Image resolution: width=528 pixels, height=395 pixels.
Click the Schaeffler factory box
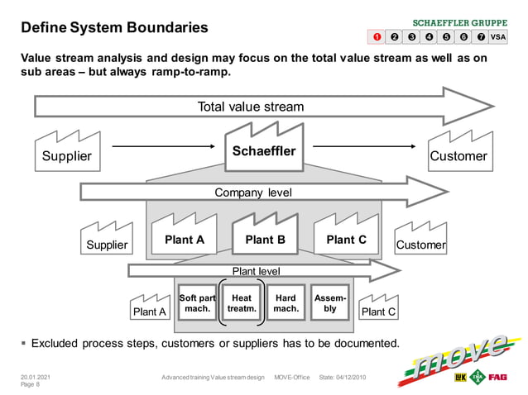pos(263,150)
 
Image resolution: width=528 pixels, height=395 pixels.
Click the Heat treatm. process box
pos(242,303)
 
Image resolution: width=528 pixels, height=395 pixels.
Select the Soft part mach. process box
pos(197,303)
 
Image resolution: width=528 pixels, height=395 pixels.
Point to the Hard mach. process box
pos(286,303)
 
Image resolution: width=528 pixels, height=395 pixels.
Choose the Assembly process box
pos(330,303)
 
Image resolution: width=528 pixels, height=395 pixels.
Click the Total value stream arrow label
pos(250,107)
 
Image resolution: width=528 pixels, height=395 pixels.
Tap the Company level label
pos(253,193)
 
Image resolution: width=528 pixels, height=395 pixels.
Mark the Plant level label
pos(256,271)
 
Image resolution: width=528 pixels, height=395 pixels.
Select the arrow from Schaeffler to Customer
pos(364,146)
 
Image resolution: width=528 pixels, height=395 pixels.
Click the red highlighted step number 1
pos(377,36)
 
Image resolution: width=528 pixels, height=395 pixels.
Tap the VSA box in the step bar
pos(497,36)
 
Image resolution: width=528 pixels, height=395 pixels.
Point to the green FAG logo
pos(497,378)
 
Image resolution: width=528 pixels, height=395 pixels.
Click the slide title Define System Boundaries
pos(114,28)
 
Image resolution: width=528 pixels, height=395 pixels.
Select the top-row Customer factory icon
pos(458,150)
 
